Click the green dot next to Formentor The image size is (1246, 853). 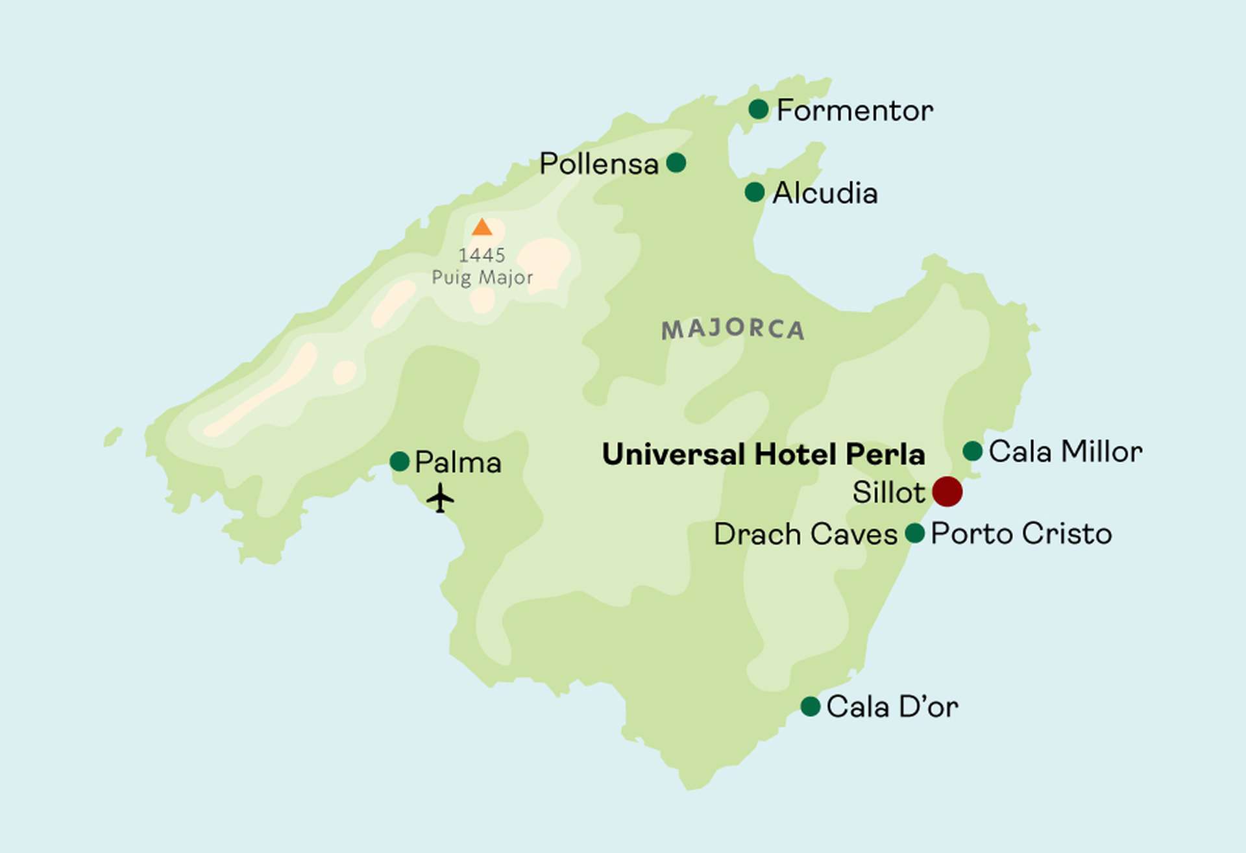click(758, 109)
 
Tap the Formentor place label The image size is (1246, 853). click(854, 110)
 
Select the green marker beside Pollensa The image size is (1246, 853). click(676, 162)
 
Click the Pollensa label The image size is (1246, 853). click(598, 164)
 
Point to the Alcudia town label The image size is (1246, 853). click(824, 193)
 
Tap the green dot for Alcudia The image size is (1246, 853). click(754, 192)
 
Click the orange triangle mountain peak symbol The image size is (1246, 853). click(482, 228)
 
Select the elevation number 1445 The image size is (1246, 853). click(482, 255)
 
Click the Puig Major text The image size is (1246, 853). click(482, 277)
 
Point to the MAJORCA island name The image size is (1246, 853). click(733, 329)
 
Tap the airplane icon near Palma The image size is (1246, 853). click(440, 498)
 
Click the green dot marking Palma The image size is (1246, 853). click(399, 462)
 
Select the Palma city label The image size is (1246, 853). click(458, 462)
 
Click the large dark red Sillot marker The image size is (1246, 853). click(947, 491)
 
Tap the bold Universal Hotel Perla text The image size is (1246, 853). click(763, 454)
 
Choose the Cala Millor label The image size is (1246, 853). click(1065, 451)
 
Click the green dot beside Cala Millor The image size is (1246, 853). click(972, 451)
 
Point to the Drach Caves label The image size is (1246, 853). click(805, 534)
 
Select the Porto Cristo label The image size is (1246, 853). click(1021, 534)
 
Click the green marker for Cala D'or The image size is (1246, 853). click(810, 706)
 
